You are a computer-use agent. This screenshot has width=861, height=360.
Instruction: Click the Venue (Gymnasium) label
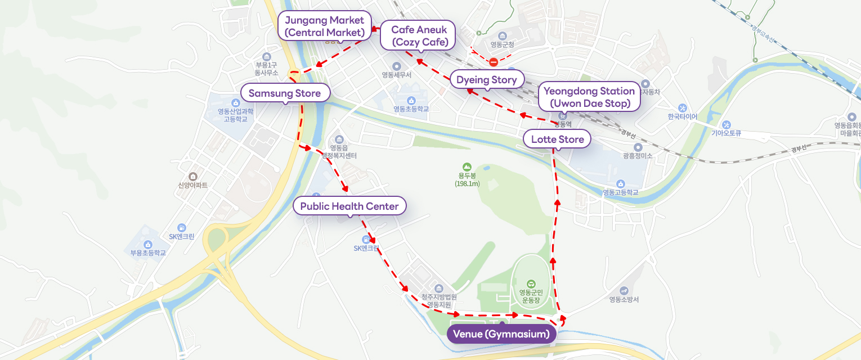[x=501, y=335]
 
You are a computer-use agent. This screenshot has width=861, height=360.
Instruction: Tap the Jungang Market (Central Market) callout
[x=325, y=26]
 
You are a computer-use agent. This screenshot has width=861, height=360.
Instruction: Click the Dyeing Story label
[x=486, y=80]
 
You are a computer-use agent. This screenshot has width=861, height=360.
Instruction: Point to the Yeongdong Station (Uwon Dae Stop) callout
[x=589, y=97]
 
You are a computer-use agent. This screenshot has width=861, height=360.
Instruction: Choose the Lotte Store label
[x=557, y=139]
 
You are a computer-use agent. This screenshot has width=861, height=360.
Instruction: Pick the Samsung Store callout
[x=284, y=93]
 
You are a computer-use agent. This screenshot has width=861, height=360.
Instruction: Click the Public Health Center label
[x=349, y=206]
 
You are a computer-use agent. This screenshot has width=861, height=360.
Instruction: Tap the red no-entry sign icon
[x=493, y=62]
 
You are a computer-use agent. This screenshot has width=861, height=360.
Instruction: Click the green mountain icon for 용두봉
[x=467, y=166]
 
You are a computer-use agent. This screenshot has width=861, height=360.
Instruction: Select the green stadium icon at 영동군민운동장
[x=530, y=283]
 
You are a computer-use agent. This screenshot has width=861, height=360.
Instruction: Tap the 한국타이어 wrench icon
[x=683, y=107]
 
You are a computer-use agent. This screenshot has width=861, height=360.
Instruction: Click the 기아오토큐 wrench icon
[x=726, y=124]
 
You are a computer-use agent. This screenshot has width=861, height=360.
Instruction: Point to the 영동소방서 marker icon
[x=624, y=290]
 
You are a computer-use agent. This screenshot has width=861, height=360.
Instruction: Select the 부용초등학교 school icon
[x=148, y=244]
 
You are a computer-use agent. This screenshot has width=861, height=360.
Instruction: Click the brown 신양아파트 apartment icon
[x=193, y=177]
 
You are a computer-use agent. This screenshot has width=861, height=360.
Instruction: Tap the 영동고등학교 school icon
[x=620, y=183]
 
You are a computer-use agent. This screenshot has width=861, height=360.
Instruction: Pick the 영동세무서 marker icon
[x=397, y=66]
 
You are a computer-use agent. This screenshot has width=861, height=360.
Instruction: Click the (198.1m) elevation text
[x=467, y=184]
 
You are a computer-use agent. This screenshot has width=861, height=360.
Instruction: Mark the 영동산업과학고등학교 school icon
[x=236, y=103]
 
